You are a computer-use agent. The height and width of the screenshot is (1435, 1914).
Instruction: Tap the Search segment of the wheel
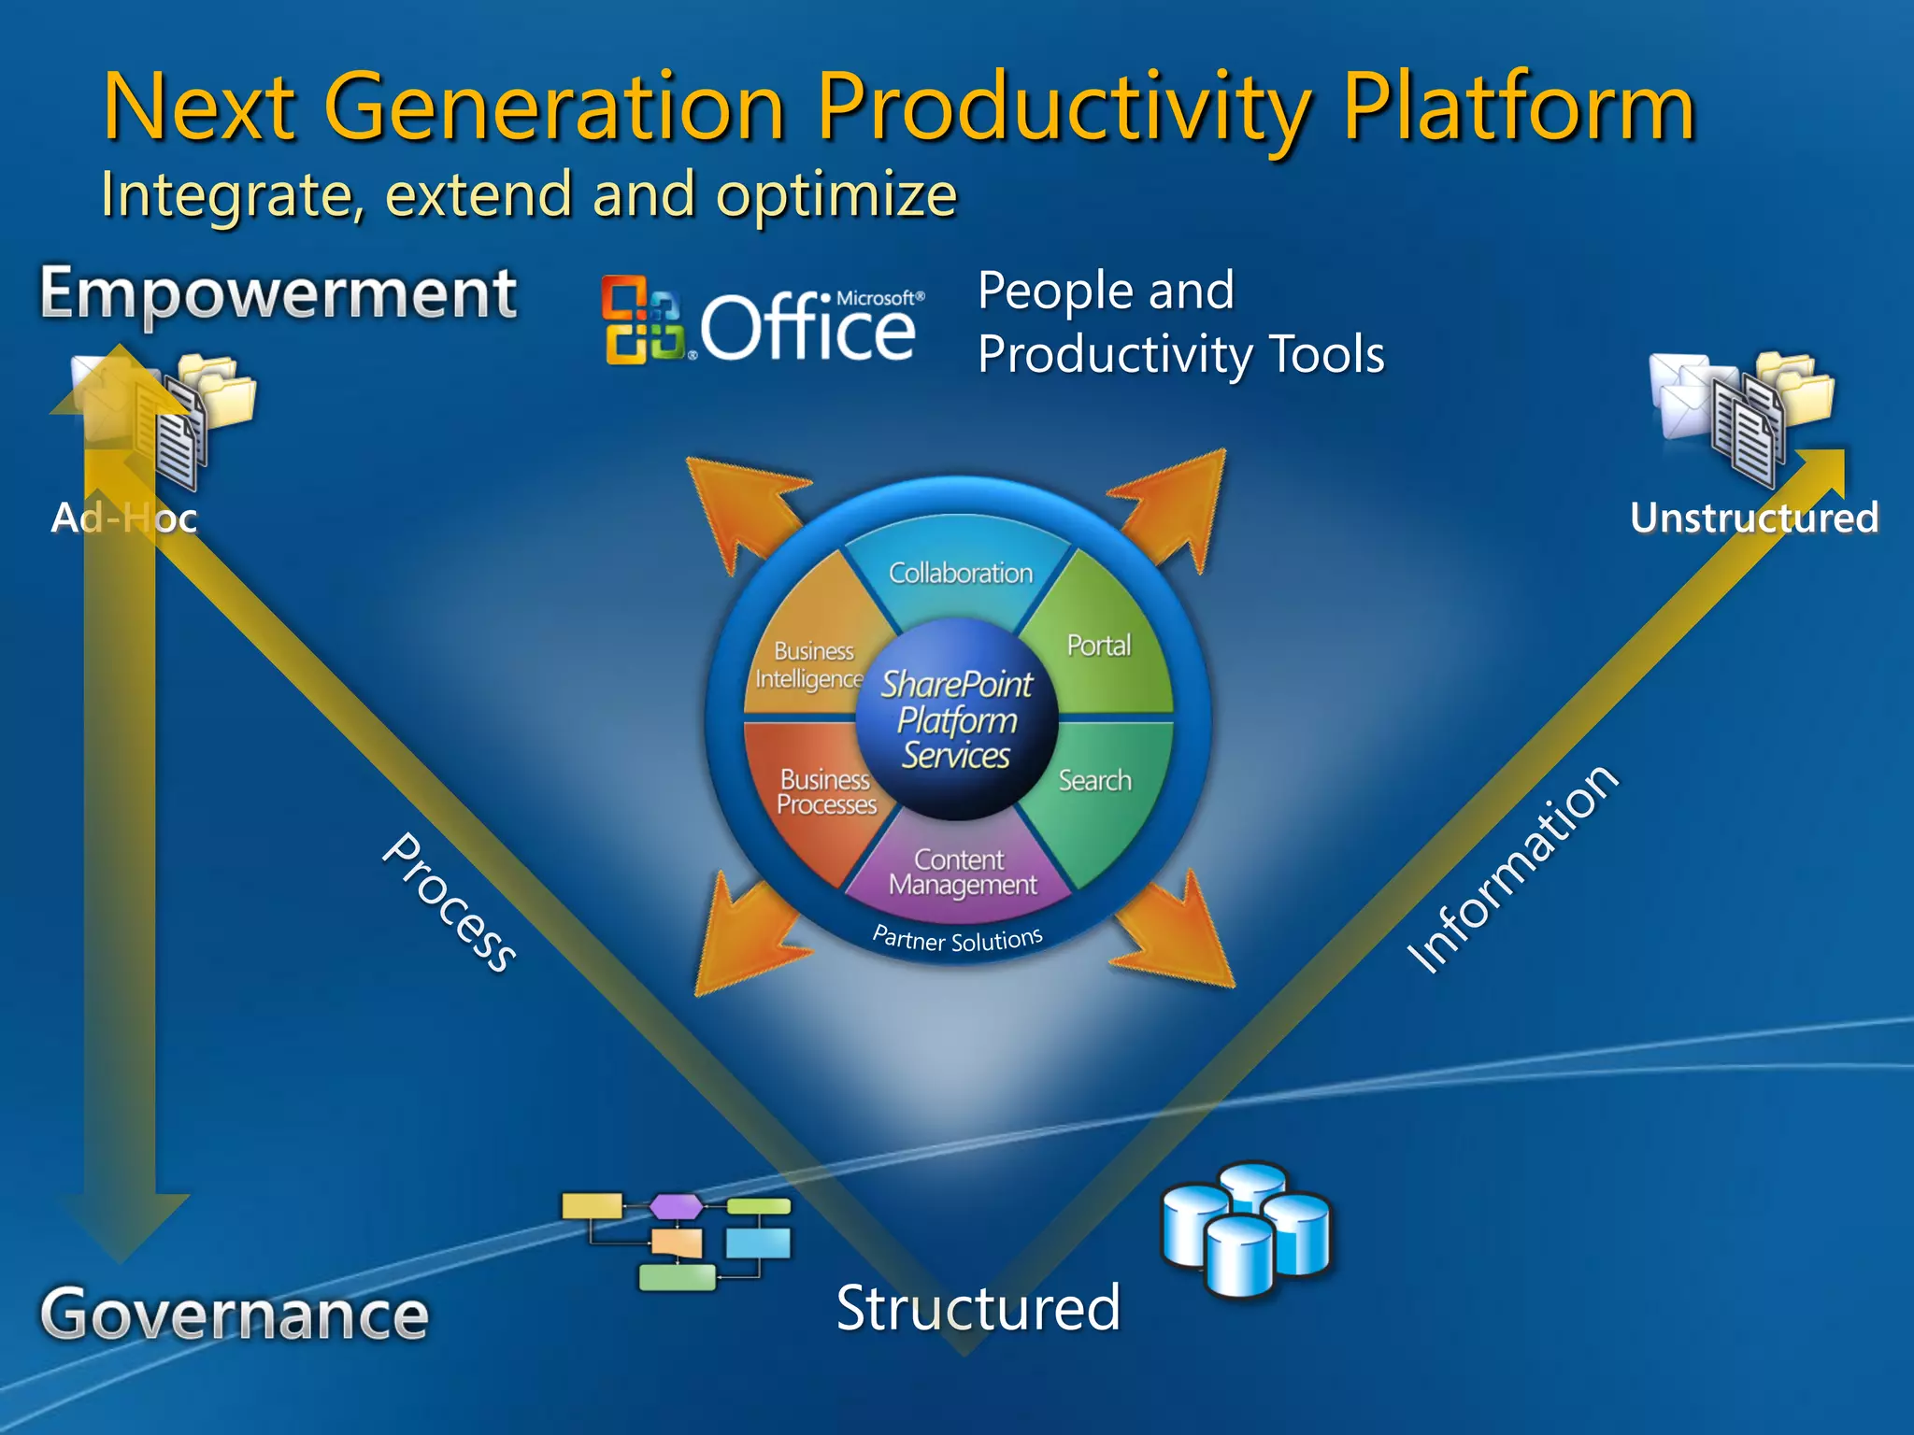click(x=1095, y=781)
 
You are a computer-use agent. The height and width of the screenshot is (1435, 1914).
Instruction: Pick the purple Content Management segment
click(x=962, y=873)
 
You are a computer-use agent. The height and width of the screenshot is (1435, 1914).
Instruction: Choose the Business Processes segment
click(x=825, y=792)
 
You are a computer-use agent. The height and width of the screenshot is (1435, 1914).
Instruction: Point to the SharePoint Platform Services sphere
click(x=957, y=720)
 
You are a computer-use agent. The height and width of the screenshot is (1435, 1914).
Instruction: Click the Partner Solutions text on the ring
click(x=958, y=939)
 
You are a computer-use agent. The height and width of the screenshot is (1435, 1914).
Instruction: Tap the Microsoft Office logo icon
click(x=643, y=320)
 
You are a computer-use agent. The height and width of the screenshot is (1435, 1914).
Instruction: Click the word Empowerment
click(x=279, y=294)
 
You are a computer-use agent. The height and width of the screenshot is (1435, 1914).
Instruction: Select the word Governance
click(x=235, y=1314)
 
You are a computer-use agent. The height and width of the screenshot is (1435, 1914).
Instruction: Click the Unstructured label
click(x=1753, y=518)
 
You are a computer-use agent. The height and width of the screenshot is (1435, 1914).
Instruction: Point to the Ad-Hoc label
click(x=124, y=518)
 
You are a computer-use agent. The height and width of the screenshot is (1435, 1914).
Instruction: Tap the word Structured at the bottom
click(x=978, y=1308)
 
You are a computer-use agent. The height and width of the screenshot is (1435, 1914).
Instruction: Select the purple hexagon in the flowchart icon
click(x=677, y=1206)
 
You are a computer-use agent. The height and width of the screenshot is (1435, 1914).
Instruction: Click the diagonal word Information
click(x=1511, y=869)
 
